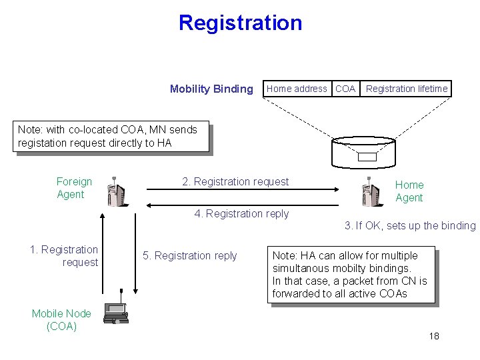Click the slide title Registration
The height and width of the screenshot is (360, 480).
[240, 23]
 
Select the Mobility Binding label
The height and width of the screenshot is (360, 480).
[211, 89]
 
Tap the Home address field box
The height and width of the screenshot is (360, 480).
[297, 89]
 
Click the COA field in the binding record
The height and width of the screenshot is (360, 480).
[345, 89]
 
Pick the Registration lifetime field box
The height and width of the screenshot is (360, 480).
[407, 89]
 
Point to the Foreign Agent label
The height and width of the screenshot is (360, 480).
[73, 188]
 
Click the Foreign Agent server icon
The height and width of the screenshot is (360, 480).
[115, 193]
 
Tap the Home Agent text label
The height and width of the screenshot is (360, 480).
[409, 191]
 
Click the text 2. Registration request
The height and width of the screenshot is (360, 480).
[235, 181]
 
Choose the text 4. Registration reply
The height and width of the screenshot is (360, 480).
[241, 213]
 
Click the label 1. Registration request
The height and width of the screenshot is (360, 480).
[64, 256]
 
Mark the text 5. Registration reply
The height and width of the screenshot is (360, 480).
[189, 255]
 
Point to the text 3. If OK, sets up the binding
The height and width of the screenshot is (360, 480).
[410, 225]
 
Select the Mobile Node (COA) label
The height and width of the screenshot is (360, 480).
[61, 319]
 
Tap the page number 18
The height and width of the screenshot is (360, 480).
[434, 336]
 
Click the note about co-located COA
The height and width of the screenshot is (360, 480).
[111, 136]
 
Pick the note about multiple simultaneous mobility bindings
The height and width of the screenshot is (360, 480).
[351, 274]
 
